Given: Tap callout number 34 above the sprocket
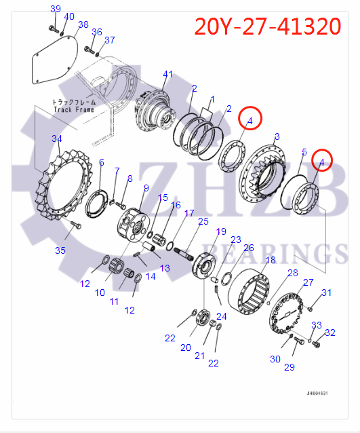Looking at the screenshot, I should point(57,138).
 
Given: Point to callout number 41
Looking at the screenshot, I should point(168,74).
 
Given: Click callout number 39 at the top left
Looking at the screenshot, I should point(56,8).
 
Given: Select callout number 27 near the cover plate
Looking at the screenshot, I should point(308,282).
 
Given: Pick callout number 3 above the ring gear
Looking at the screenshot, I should point(277,138).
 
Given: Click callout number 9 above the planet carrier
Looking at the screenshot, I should point(146,188).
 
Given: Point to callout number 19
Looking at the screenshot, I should point(221,232).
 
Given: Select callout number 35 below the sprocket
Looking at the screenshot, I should point(61,250).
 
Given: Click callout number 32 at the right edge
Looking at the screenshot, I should point(330,333).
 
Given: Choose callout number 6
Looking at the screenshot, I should point(102,162).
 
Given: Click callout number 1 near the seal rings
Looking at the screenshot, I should point(212,99).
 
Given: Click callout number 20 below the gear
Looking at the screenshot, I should point(186,347).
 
